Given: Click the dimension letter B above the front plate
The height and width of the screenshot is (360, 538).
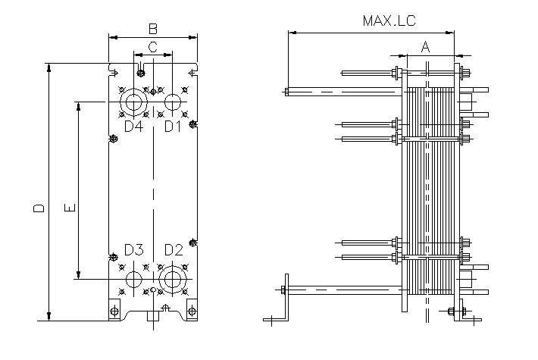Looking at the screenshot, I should [153, 29].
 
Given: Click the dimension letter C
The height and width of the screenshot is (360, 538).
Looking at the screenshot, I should [153, 47].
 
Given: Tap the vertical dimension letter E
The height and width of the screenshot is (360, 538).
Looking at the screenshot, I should [68, 207].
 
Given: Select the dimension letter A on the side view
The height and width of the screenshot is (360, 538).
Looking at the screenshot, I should [426, 47].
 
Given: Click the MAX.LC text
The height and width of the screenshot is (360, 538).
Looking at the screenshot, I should [389, 20].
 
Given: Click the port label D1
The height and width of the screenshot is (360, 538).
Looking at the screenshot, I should [174, 126].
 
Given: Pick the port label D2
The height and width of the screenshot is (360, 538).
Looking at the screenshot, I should [174, 249].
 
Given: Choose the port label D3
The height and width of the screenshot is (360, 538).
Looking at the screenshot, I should [133, 249].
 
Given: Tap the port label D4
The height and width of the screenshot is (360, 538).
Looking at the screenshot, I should [133, 126].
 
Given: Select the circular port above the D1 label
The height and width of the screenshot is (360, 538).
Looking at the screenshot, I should [173, 101].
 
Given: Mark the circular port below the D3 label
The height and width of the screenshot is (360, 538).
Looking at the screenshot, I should [133, 278].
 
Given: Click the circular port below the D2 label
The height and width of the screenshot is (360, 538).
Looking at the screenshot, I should [173, 278].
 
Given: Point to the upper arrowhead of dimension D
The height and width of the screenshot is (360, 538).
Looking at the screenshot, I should [50, 67].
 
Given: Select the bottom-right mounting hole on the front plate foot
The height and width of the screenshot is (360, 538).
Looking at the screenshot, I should [191, 311].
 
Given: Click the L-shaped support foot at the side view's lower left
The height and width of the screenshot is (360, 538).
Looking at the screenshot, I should [285, 299].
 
